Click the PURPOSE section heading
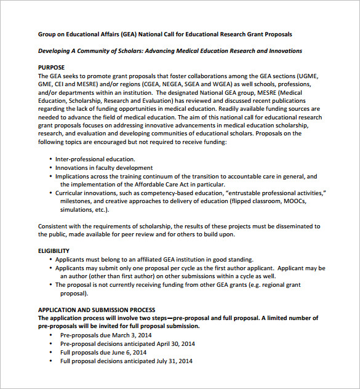click(51, 67)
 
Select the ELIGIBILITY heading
click(54, 251)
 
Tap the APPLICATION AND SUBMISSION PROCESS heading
click(97, 310)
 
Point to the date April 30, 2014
click(175, 343)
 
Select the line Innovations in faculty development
click(103, 167)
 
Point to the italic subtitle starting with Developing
click(170, 50)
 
